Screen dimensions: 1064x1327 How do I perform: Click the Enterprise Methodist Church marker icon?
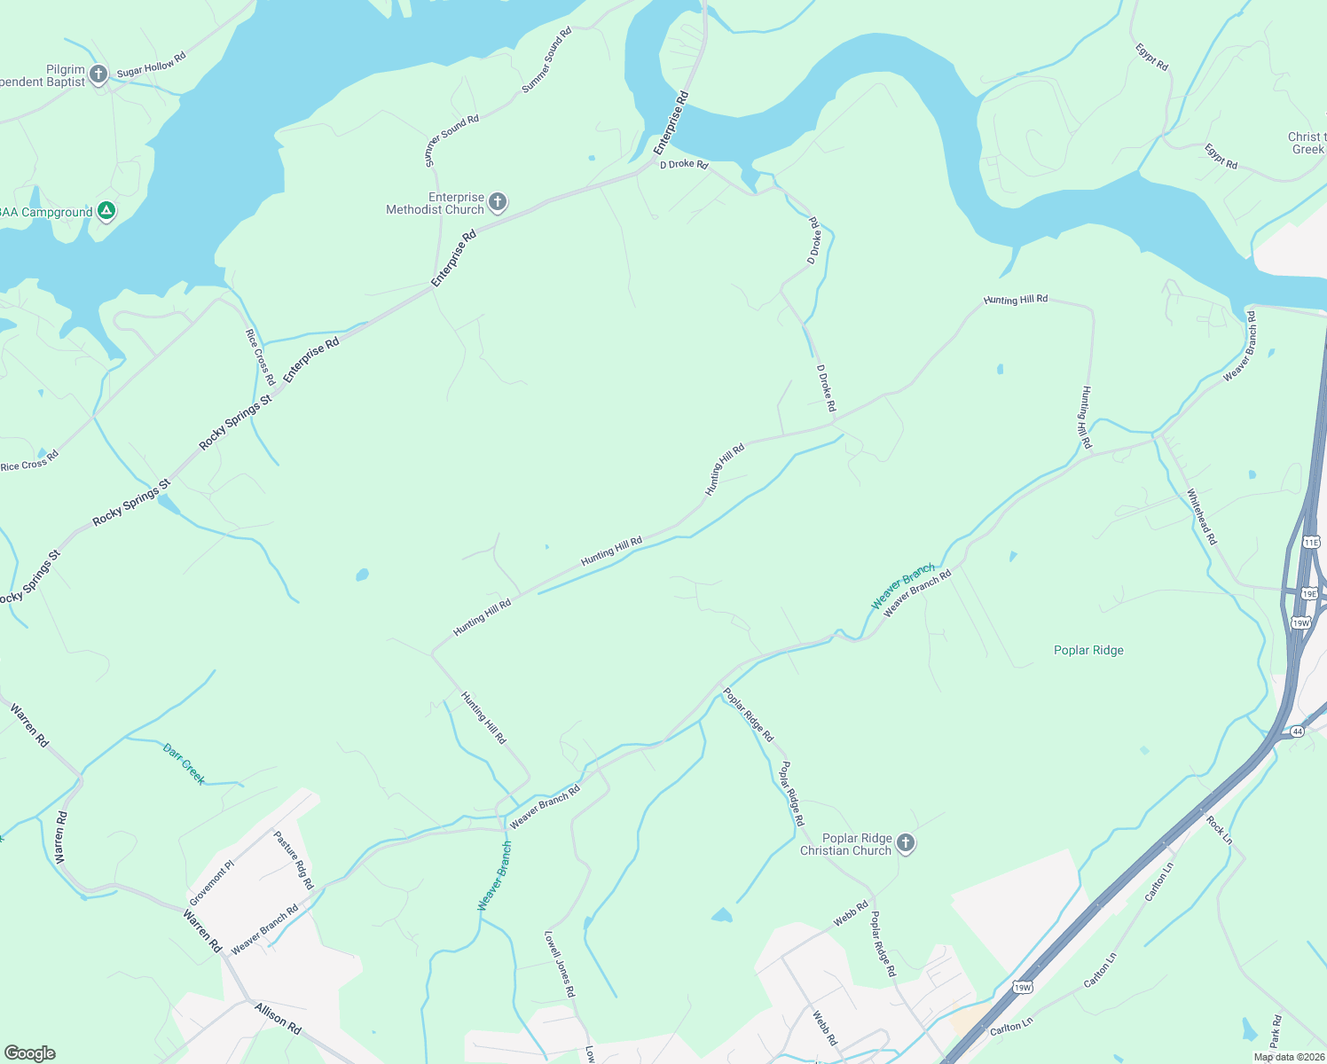click(x=498, y=202)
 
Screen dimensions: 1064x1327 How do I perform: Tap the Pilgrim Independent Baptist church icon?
click(x=98, y=74)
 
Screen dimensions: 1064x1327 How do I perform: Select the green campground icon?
click(x=106, y=211)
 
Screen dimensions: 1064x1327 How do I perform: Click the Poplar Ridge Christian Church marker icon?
click(x=905, y=842)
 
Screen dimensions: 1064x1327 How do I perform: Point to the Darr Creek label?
click(x=185, y=764)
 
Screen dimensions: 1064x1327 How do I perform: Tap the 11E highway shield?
click(x=1311, y=542)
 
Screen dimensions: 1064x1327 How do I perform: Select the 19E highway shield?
click(x=1309, y=593)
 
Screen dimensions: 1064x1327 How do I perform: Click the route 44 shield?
click(x=1298, y=731)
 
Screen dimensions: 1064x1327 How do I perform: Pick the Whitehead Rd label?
click(x=1202, y=517)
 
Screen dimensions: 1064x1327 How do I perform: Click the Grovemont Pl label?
click(x=211, y=883)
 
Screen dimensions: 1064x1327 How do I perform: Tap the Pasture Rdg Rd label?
click(x=294, y=860)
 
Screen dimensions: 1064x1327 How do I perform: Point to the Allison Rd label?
click(x=278, y=1019)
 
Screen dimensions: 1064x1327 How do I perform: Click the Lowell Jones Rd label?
click(x=560, y=964)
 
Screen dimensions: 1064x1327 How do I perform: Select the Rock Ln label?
click(x=1220, y=830)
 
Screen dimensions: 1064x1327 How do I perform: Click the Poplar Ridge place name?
click(x=1088, y=650)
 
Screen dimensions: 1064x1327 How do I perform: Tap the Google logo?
click(x=29, y=1053)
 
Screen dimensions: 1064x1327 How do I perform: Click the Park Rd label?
click(x=1276, y=1031)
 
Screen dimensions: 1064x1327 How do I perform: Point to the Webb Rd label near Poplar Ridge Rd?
click(x=851, y=914)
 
